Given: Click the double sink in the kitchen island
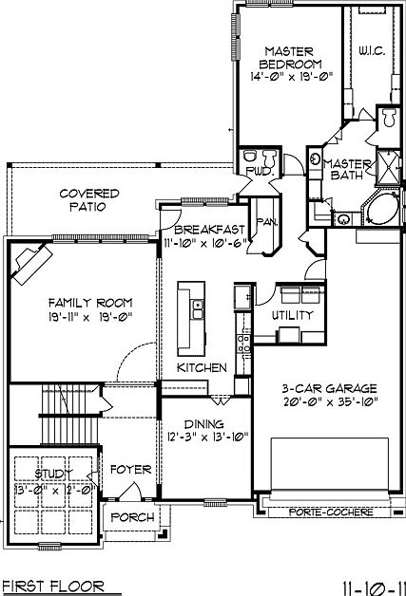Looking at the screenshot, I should click(x=198, y=308).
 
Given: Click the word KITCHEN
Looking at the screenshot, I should click(x=202, y=367).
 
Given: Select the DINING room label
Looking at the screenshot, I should click(x=204, y=424).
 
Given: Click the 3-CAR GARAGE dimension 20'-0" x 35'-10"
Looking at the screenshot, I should click(x=330, y=402).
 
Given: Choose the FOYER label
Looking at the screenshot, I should click(x=128, y=470).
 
